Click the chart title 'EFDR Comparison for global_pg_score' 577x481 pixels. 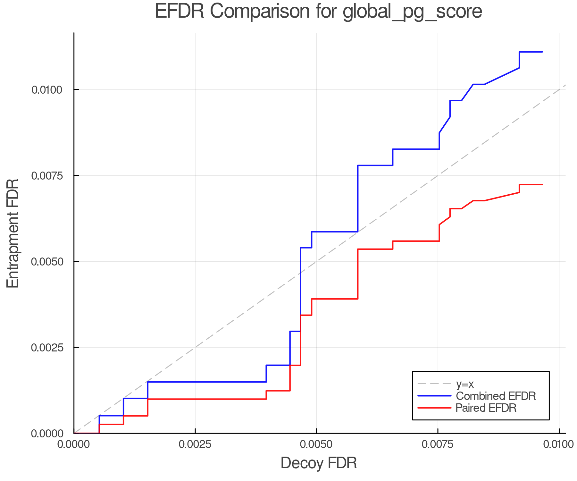318,12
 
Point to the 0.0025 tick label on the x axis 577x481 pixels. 195,444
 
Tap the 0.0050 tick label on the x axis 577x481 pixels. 316,444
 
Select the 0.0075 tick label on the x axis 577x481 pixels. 438,444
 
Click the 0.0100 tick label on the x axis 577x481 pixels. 559,444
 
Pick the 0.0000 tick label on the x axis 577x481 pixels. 74,444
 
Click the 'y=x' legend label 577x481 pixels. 464,384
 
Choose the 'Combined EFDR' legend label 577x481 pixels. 496,396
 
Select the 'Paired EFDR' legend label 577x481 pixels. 486,408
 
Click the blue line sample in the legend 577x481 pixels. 434,396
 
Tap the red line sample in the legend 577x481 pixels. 434,408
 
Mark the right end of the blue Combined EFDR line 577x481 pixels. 542,52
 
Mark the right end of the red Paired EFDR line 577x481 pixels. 542,184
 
